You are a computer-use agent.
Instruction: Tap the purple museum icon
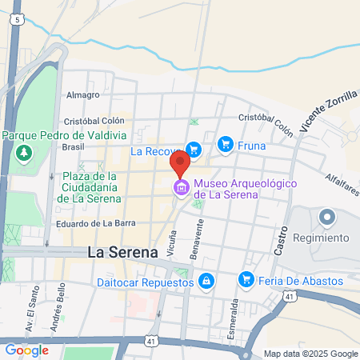(181, 188)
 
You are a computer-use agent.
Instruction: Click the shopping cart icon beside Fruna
(226, 144)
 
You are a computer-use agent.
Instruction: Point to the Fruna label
(253, 145)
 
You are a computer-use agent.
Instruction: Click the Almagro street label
(83, 94)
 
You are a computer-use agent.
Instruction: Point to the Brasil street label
(74, 147)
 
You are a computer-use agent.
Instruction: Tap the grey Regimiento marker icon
(326, 218)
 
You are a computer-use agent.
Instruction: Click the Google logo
(27, 350)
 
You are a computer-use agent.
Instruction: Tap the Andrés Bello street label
(57, 318)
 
